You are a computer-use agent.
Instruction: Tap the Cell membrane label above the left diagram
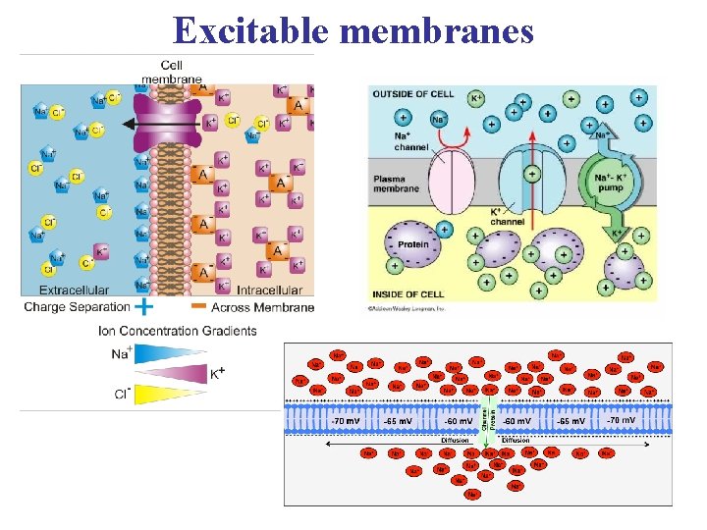[172, 72]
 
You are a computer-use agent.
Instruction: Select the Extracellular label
[74, 290]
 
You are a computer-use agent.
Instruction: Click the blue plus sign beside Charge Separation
[143, 307]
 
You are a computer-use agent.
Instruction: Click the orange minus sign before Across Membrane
[197, 306]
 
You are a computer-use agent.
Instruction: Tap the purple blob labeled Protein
[412, 246]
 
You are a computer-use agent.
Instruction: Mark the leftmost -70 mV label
[345, 420]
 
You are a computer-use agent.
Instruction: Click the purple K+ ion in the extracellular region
[100, 253]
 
